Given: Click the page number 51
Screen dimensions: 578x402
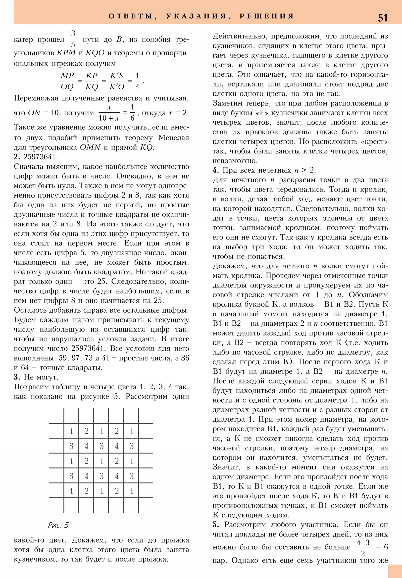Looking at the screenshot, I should [383, 18].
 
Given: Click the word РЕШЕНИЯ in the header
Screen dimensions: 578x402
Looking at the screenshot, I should [267, 16].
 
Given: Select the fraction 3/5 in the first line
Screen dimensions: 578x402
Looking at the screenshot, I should [73, 39].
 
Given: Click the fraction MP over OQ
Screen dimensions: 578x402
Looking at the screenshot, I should [68, 81].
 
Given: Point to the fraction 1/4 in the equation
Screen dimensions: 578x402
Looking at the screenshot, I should [137, 81].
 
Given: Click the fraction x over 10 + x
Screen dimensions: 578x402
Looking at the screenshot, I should [109, 113].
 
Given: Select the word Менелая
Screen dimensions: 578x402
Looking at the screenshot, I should [174, 138].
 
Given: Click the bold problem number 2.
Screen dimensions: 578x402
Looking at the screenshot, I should [17, 157].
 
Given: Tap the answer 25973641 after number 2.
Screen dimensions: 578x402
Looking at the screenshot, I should [40, 157].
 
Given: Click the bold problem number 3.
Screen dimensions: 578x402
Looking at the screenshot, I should [17, 377].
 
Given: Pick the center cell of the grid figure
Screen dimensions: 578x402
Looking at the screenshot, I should [102, 461].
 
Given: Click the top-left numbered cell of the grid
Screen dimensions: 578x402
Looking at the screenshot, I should [72, 431].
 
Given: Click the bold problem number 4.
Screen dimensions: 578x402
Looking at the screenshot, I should [216, 170].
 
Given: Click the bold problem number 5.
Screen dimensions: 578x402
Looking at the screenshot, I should [216, 525].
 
